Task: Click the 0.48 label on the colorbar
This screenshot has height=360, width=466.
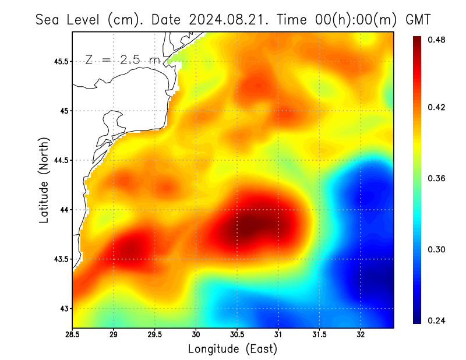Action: coord(437,40)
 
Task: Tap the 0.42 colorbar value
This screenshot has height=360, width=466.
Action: coord(437,107)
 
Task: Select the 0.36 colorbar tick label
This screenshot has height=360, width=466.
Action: coord(437,178)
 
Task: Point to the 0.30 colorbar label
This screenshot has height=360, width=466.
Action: coord(437,249)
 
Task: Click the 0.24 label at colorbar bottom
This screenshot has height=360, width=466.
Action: coord(437,320)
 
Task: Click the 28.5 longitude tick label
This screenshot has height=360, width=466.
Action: coord(73,334)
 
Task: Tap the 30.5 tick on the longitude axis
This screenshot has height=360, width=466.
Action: coord(237,334)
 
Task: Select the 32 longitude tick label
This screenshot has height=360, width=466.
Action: coord(361,334)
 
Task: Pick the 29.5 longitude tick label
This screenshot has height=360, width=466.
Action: coord(155,334)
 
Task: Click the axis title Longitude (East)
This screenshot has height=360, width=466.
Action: coord(232,349)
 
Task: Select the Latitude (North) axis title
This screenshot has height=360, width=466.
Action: coord(44,181)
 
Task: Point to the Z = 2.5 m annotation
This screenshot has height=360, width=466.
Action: coord(122,59)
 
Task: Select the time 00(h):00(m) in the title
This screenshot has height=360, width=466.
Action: coord(344,19)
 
